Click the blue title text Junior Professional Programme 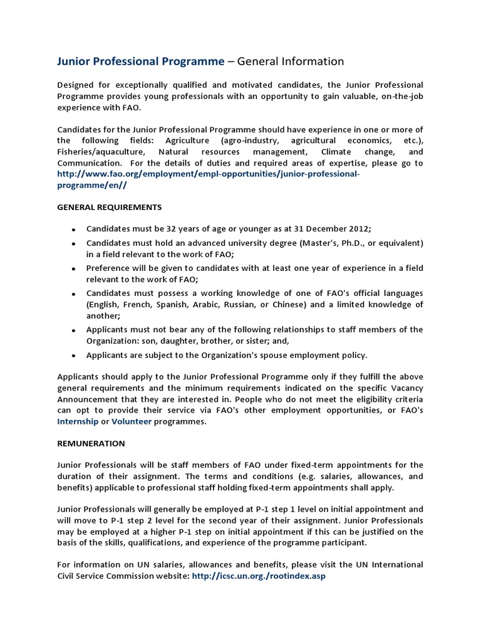[x=140, y=61]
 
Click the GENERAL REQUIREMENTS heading [x=110, y=207]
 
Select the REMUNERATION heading [x=91, y=443]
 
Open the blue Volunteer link [x=132, y=422]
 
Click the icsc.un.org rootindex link [x=259, y=576]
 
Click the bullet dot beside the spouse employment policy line [x=73, y=356]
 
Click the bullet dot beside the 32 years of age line [x=73, y=229]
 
